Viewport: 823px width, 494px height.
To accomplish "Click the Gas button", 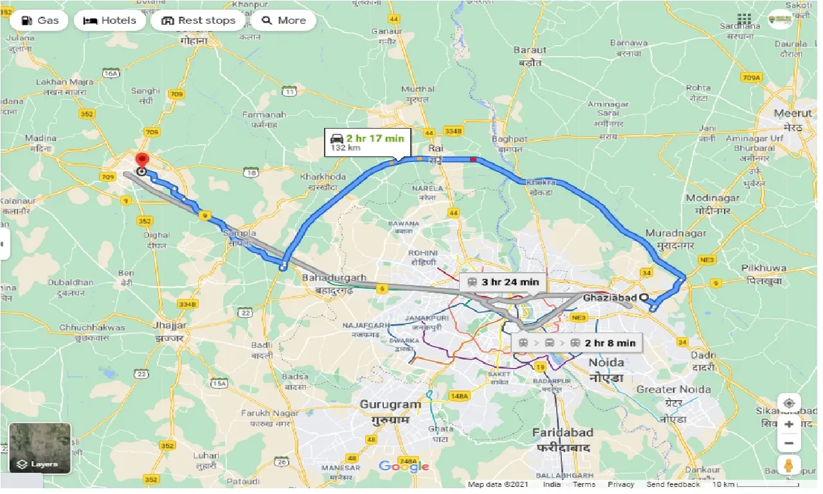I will coord(39,21).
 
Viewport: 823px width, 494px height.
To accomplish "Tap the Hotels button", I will coord(109,21).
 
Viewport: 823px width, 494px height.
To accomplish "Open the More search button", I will coord(283,21).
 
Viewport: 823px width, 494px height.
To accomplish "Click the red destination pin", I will coord(141,160).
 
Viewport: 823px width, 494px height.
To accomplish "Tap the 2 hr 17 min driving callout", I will coord(366,142).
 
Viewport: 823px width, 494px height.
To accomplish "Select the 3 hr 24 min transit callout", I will coord(503,282).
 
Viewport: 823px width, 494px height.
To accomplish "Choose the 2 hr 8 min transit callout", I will coord(577,343).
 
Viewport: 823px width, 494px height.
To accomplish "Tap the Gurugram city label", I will coord(390,405).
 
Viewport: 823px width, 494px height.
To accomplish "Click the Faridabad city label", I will coord(563,433).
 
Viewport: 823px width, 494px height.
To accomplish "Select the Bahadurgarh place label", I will coord(334,278).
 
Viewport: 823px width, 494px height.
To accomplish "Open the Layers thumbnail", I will coord(40,448).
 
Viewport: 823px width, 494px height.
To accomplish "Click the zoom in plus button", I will coord(789,425).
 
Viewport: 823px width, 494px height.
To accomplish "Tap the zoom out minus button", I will coord(789,444).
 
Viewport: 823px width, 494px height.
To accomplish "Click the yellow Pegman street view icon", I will coord(789,465).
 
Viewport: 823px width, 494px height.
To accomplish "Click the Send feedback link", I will coord(673,484).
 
